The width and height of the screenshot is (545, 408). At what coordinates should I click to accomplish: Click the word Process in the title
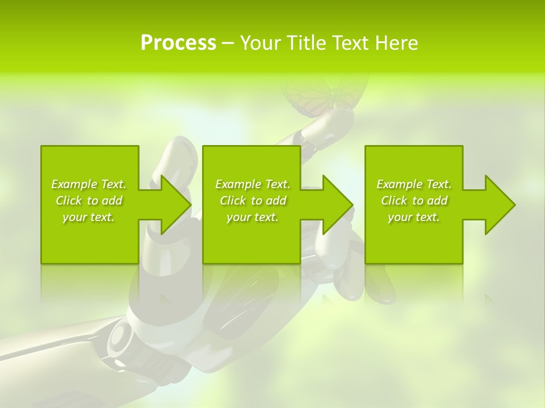[178, 43]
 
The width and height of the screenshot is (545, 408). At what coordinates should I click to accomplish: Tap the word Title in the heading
[307, 43]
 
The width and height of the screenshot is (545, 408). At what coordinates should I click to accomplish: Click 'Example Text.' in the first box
[89, 184]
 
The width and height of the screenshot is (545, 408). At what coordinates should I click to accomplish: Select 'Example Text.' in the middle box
[253, 184]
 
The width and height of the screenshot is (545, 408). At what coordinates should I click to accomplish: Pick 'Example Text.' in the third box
[414, 184]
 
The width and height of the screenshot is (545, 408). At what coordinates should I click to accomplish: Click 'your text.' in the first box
[89, 217]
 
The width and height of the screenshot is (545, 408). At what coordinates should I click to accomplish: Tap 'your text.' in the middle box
[253, 217]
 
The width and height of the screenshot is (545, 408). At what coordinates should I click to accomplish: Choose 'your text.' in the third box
[414, 217]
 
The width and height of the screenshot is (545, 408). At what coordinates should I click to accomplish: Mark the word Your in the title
[261, 43]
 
